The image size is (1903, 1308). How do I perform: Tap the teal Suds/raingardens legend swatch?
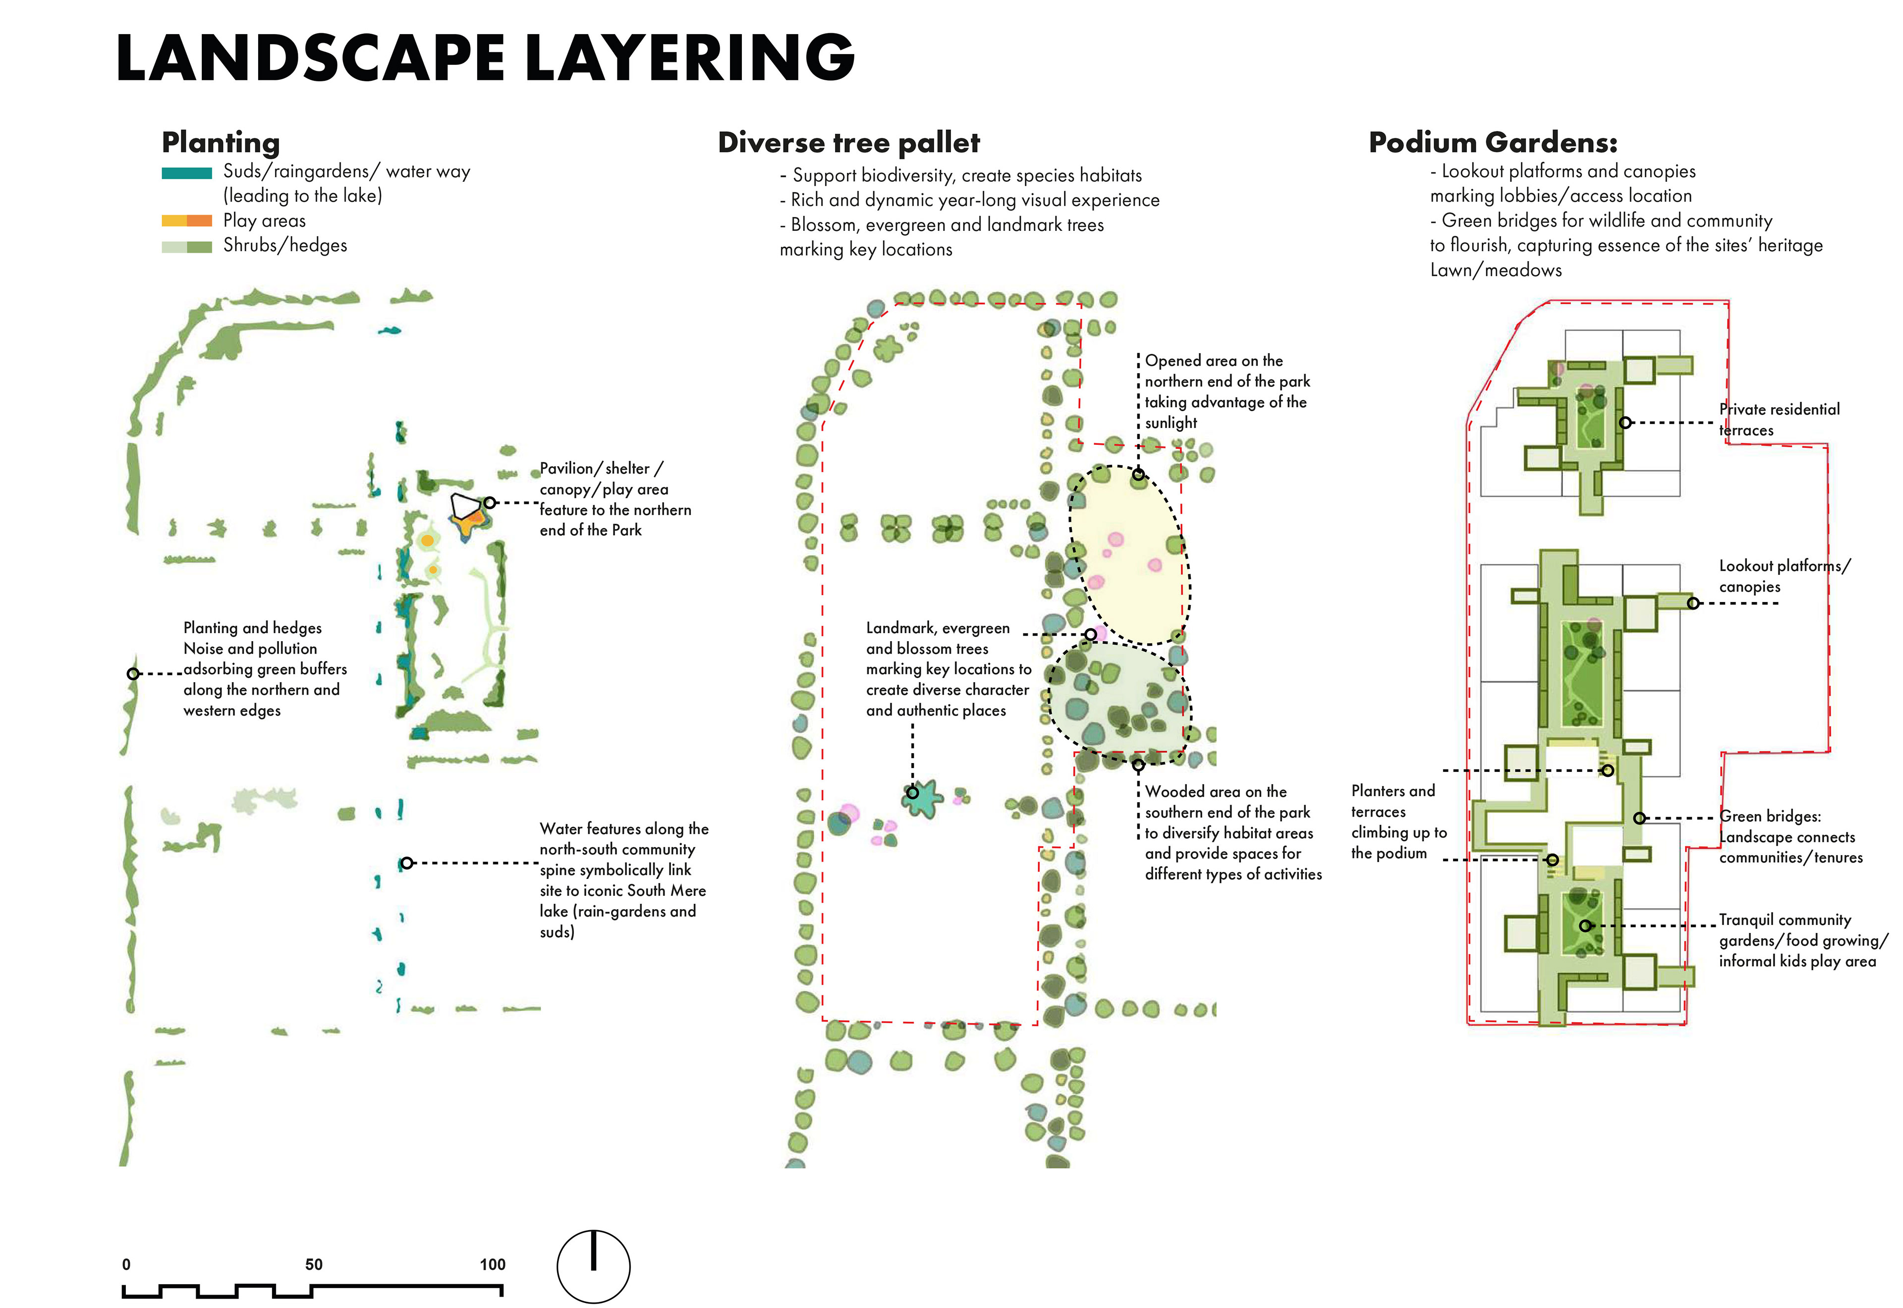[x=187, y=173]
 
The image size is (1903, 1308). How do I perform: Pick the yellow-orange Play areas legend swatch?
[x=187, y=220]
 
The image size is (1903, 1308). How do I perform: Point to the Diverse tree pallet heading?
[x=848, y=143]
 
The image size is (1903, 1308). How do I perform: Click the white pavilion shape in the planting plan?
[x=464, y=506]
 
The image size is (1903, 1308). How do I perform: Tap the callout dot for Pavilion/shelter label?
[x=489, y=502]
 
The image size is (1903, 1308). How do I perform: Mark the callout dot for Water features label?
[x=406, y=863]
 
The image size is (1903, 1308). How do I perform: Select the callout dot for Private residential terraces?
[x=1625, y=423]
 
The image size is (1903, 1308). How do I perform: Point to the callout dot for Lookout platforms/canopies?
[x=1693, y=603]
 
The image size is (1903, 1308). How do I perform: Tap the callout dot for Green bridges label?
[x=1639, y=818]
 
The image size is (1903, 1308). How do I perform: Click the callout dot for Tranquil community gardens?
[x=1585, y=926]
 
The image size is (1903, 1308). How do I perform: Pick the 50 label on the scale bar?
[x=313, y=1264]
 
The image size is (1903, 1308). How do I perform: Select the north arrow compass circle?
[x=593, y=1266]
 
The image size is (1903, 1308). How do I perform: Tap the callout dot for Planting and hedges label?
[x=133, y=674]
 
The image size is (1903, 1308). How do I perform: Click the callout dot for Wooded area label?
[x=1137, y=765]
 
